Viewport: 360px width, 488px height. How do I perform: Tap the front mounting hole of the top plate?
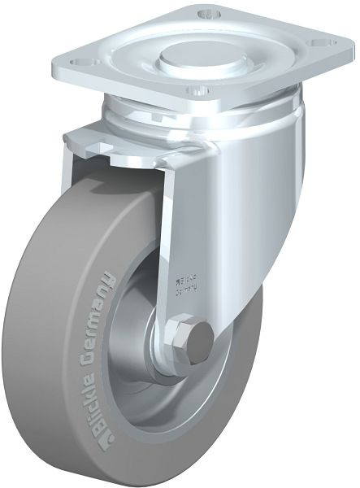192,89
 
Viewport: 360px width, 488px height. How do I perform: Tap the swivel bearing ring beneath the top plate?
203,110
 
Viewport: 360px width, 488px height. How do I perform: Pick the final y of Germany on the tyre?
108,279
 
